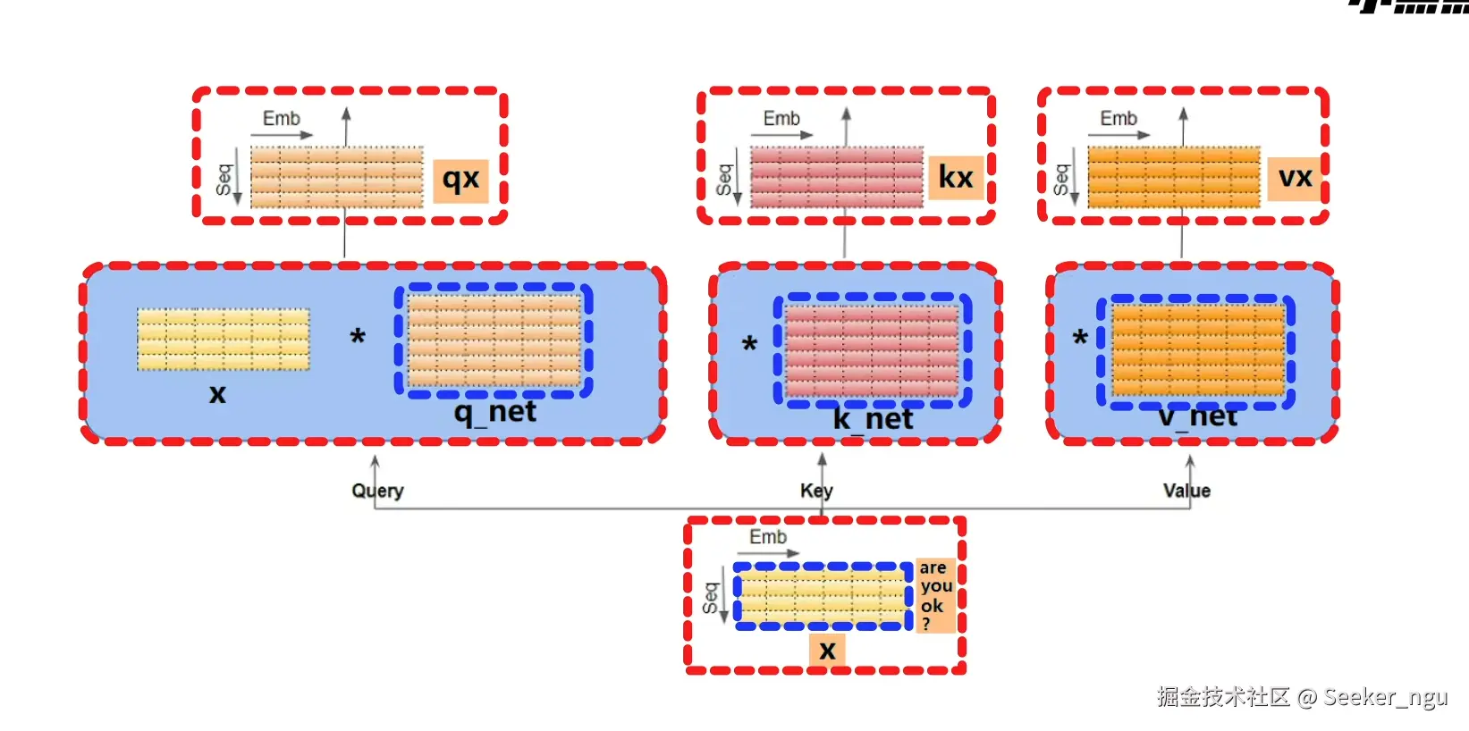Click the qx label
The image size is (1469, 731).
[x=460, y=180]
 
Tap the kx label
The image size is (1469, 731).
[x=955, y=178]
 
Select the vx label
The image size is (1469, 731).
[x=1295, y=177]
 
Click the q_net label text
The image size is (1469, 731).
[x=495, y=412]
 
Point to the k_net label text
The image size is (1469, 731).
[x=873, y=418]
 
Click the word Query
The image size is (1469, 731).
[x=377, y=491]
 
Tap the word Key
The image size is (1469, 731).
[x=816, y=491]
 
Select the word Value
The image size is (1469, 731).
[x=1186, y=491]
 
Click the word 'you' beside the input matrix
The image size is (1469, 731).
[x=936, y=586]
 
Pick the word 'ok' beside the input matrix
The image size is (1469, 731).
[x=932, y=606]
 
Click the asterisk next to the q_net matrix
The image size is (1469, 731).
[x=358, y=338]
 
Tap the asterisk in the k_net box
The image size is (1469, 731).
[x=749, y=345]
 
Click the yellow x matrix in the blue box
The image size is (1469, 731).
[x=224, y=340]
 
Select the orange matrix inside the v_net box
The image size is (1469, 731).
[x=1198, y=349]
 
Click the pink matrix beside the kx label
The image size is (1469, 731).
[x=837, y=177]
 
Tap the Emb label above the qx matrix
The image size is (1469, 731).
[x=281, y=119]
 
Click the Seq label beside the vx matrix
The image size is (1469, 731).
[x=1061, y=180]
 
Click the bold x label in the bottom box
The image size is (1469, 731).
[x=828, y=651]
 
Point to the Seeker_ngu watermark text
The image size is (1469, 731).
[x=1385, y=697]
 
